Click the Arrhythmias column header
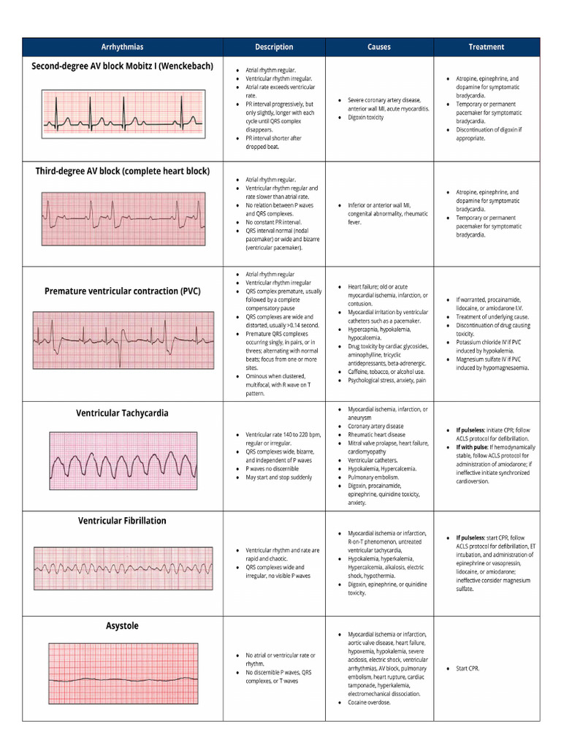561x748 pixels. point(123,47)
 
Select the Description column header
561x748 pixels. point(274,47)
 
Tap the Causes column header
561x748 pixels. point(378,47)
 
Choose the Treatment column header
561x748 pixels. point(486,47)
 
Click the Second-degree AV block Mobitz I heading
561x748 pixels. point(123,66)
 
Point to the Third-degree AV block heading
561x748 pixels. point(123,172)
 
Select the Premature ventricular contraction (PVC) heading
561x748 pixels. point(123,291)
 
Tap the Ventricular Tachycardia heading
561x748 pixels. point(123,413)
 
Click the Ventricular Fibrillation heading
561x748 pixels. point(123,521)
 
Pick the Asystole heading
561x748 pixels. point(123,626)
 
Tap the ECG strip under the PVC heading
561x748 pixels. point(123,339)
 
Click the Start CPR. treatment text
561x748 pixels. point(467,668)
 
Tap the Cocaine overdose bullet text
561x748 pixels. point(370,703)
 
